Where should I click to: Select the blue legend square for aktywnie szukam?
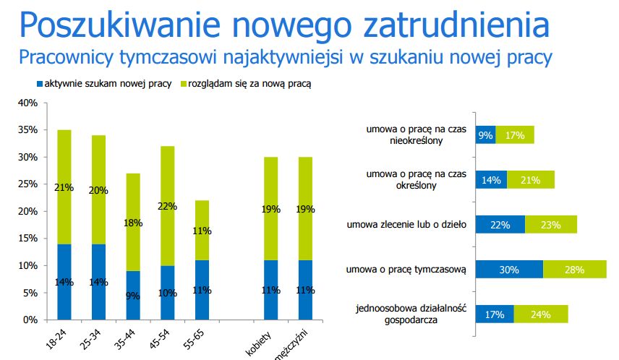(39, 85)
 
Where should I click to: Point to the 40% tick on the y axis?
(27, 103)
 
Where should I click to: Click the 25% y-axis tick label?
(27, 184)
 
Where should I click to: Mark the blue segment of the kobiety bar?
(270, 289)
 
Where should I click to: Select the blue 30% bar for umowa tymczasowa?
(509, 269)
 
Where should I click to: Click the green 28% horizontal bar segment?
(575, 269)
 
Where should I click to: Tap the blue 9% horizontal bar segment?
(485, 134)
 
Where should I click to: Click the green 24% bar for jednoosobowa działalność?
(540, 314)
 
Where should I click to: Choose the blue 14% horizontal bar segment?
(491, 179)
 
